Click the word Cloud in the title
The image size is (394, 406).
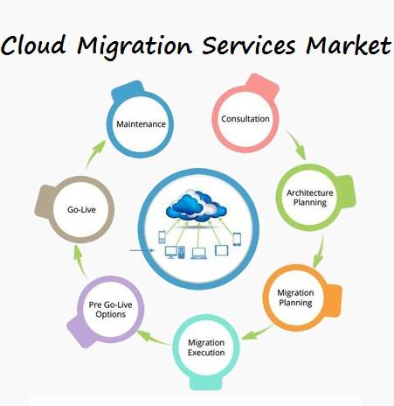tap(33, 45)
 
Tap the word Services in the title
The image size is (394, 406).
tap(249, 45)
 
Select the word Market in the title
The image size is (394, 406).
tap(349, 45)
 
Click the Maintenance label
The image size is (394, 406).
tap(141, 124)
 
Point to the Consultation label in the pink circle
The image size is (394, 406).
tap(245, 119)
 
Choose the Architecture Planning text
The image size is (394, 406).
tap(309, 198)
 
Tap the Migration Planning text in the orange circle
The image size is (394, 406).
tap(295, 297)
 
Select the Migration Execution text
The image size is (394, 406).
tap(206, 347)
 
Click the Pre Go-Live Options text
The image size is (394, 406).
tap(110, 310)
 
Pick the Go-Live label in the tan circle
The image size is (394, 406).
tap(81, 209)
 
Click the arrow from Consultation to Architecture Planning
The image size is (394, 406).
tap(297, 144)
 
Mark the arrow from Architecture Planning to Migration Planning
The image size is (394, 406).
tap(319, 251)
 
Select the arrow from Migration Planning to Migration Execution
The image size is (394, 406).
tap(257, 333)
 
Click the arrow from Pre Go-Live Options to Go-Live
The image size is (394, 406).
tap(79, 262)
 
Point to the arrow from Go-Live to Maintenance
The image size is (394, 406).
tap(94, 155)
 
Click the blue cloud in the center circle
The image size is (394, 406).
tap(196, 206)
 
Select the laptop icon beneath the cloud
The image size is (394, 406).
tap(199, 253)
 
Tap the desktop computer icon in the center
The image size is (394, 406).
tap(175, 252)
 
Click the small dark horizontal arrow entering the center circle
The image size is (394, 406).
tap(142, 250)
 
